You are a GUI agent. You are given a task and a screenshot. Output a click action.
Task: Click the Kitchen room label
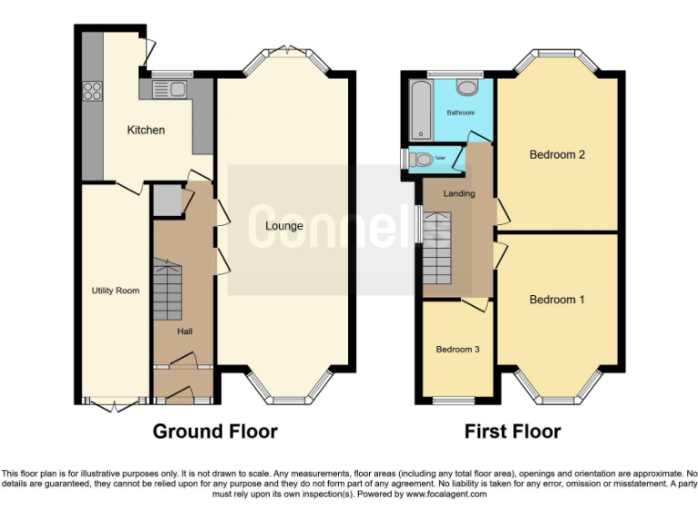pyautogui.click(x=145, y=130)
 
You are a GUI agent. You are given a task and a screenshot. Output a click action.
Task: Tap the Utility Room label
pyautogui.click(x=115, y=291)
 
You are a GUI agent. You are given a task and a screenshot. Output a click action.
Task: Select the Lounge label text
pyautogui.click(x=284, y=226)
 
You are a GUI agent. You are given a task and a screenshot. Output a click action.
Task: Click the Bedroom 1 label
pyautogui.click(x=557, y=300)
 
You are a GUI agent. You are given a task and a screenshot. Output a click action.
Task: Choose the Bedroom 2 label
pyautogui.click(x=557, y=154)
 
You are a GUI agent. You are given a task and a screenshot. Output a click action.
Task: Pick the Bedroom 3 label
pyautogui.click(x=457, y=350)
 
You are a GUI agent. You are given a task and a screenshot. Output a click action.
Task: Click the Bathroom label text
pyautogui.click(x=460, y=113)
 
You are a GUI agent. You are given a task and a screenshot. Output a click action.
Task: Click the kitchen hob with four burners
pyautogui.click(x=93, y=90)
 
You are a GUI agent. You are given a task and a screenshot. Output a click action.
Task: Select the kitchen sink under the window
pyautogui.click(x=170, y=89)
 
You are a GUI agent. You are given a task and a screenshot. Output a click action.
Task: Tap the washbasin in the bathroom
pyautogui.click(x=468, y=87)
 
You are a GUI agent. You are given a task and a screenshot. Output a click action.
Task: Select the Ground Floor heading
pyautogui.click(x=214, y=431)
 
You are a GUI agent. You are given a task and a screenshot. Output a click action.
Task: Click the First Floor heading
pyautogui.click(x=513, y=431)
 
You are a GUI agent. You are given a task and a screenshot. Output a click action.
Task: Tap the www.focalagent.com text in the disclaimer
pyautogui.click(x=446, y=495)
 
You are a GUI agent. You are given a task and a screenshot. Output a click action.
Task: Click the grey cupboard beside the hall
pyautogui.click(x=166, y=200)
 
